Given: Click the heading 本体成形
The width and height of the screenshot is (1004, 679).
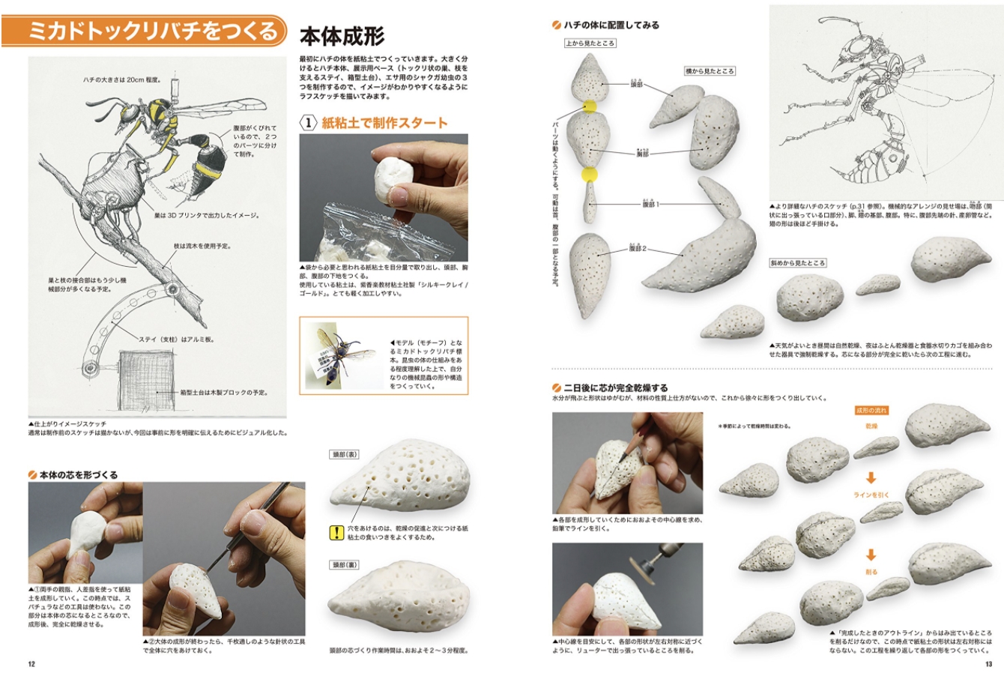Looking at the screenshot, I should [342, 36].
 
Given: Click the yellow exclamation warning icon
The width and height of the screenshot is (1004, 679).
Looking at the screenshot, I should [336, 533].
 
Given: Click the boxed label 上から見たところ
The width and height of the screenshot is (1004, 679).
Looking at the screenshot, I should [590, 43].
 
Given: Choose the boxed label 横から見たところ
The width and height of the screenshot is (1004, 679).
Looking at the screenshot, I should [710, 71].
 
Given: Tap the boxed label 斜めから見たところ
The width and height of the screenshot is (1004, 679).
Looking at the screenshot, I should [797, 263].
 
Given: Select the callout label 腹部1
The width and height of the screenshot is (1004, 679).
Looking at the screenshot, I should [650, 204].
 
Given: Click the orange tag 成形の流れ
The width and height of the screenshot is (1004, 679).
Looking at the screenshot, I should [871, 411].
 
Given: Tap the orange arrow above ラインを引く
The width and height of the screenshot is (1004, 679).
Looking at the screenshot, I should [871, 477].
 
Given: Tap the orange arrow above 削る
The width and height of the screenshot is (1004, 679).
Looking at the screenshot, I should [871, 555].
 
